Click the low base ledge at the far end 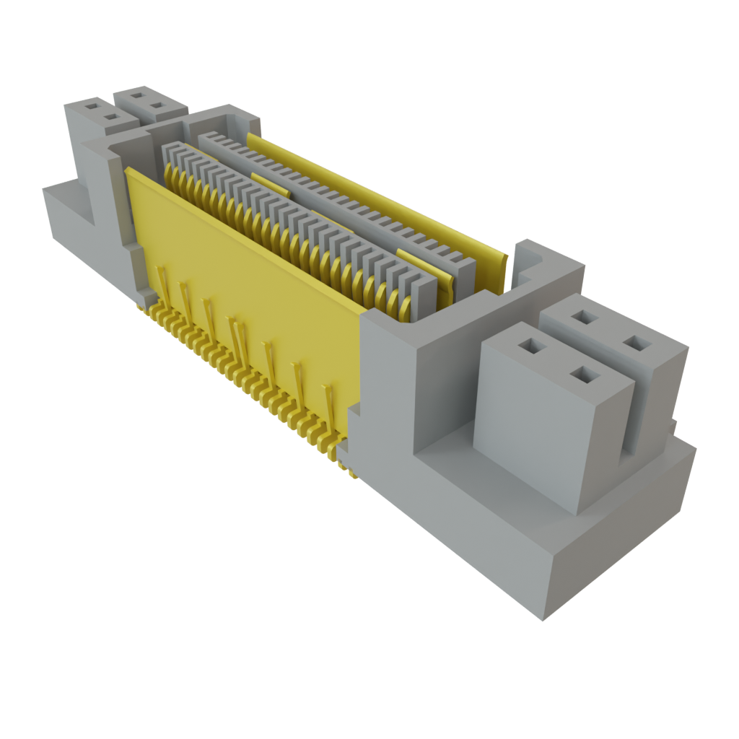pyautogui.click(x=65, y=209)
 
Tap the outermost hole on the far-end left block pyautogui.click(x=92, y=105)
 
